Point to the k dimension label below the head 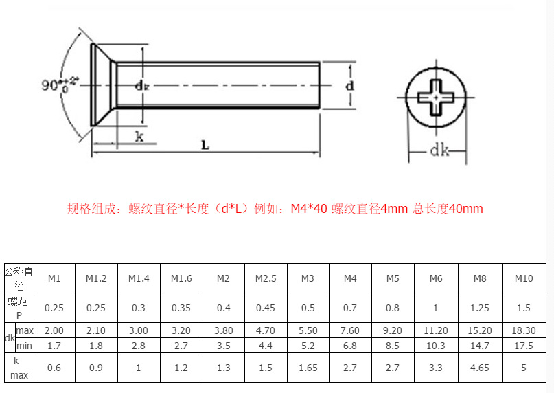138,136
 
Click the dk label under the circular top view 439,151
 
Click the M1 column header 54,278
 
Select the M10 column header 524,278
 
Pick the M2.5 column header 266,278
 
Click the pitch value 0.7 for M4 350,308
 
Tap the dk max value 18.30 524,330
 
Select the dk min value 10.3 436,345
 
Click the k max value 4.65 480,368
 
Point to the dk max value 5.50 308,330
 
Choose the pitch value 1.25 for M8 480,308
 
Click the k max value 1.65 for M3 308,368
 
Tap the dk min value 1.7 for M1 54,345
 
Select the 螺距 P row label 19,308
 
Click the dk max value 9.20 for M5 393,330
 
